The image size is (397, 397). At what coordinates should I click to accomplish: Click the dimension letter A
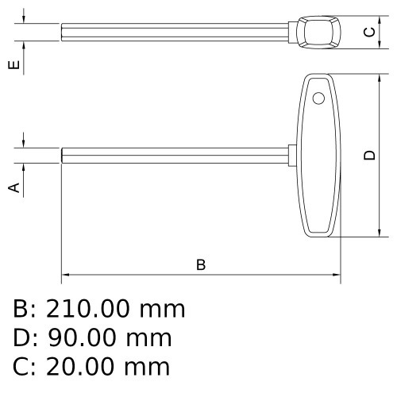13,187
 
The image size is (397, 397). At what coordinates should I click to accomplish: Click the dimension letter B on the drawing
201,264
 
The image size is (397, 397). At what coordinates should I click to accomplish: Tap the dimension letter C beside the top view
368,33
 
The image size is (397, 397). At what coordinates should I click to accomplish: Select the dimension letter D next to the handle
368,156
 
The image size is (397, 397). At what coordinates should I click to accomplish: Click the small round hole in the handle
318,98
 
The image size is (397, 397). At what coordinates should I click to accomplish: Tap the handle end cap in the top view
318,33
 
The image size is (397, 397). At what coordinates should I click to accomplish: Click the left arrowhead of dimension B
65,276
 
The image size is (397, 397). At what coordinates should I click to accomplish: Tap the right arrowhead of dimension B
337,276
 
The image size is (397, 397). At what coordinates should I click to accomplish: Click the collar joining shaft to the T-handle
292,156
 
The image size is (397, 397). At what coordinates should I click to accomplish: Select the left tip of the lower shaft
63,156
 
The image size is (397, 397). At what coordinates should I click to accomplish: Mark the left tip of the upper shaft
63,33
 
